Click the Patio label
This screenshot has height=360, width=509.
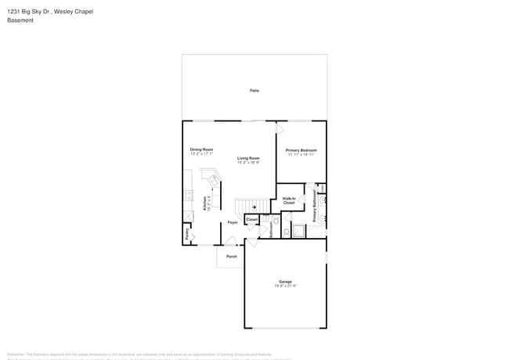(x=254, y=91)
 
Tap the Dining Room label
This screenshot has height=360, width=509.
(x=201, y=149)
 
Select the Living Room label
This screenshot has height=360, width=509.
(x=249, y=158)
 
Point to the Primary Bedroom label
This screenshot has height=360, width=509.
(x=301, y=149)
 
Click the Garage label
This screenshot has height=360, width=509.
(x=285, y=281)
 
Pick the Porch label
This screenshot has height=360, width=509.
(x=231, y=257)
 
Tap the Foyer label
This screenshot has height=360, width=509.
(x=233, y=223)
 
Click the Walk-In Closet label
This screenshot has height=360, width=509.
(x=288, y=201)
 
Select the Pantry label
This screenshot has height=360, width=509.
(x=187, y=234)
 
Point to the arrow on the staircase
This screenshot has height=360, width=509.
(x=254, y=207)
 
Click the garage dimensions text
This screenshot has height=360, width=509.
(x=285, y=286)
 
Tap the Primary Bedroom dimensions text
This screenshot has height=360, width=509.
(x=301, y=154)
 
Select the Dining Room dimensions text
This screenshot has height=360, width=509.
(x=201, y=153)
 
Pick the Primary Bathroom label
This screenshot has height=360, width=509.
(x=316, y=207)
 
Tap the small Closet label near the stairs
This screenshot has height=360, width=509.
(x=251, y=220)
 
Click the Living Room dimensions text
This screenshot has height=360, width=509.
(x=249, y=163)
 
